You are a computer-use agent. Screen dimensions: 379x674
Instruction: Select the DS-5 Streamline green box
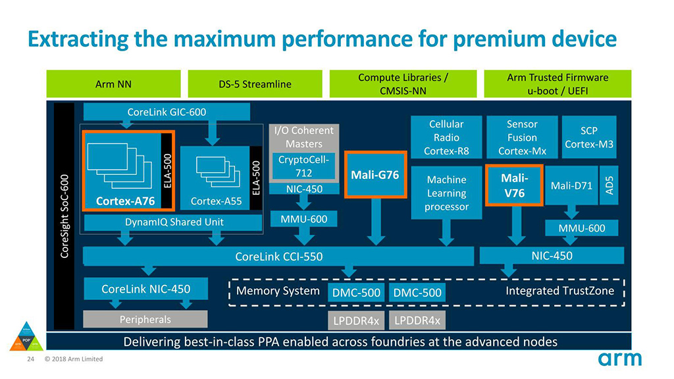pyautogui.click(x=254, y=84)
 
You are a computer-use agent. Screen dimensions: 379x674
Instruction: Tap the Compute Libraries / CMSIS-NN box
pyautogui.click(x=403, y=84)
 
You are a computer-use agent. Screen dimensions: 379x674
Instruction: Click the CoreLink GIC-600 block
pyautogui.click(x=166, y=112)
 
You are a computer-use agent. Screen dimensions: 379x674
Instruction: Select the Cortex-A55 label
pyautogui.click(x=209, y=201)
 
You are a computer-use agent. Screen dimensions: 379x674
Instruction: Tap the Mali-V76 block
pyautogui.click(x=513, y=186)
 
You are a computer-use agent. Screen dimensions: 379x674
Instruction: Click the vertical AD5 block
pyautogui.click(x=609, y=185)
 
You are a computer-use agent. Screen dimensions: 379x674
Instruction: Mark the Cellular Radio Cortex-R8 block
pyautogui.click(x=446, y=138)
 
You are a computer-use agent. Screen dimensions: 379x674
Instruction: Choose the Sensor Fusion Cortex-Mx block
pyautogui.click(x=522, y=138)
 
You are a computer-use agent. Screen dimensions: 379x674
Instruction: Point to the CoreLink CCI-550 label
pyautogui.click(x=279, y=256)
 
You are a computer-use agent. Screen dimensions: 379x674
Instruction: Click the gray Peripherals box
pyautogui.click(x=145, y=319)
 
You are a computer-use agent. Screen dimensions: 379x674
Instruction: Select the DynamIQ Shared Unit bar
pyautogui.click(x=174, y=222)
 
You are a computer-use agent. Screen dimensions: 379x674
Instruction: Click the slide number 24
pyautogui.click(x=30, y=359)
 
